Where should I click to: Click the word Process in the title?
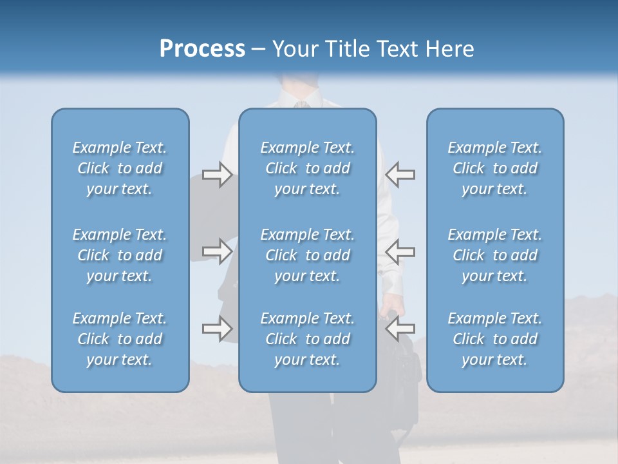(202, 49)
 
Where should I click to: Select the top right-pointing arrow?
(217, 175)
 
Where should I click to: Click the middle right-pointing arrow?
(217, 251)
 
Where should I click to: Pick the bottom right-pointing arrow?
(217, 329)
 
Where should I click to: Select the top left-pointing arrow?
(400, 175)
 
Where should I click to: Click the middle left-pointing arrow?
(400, 251)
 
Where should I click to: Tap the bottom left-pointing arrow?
(400, 329)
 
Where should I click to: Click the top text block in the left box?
(120, 168)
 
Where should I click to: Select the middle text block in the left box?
(120, 255)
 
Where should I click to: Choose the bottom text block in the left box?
(120, 339)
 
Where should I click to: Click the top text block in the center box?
(308, 168)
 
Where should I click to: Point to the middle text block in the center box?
(308, 255)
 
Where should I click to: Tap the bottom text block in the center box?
(308, 339)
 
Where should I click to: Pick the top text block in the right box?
(495, 168)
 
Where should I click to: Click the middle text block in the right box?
(495, 255)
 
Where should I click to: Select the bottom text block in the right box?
(495, 339)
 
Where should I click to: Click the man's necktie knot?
(300, 104)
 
